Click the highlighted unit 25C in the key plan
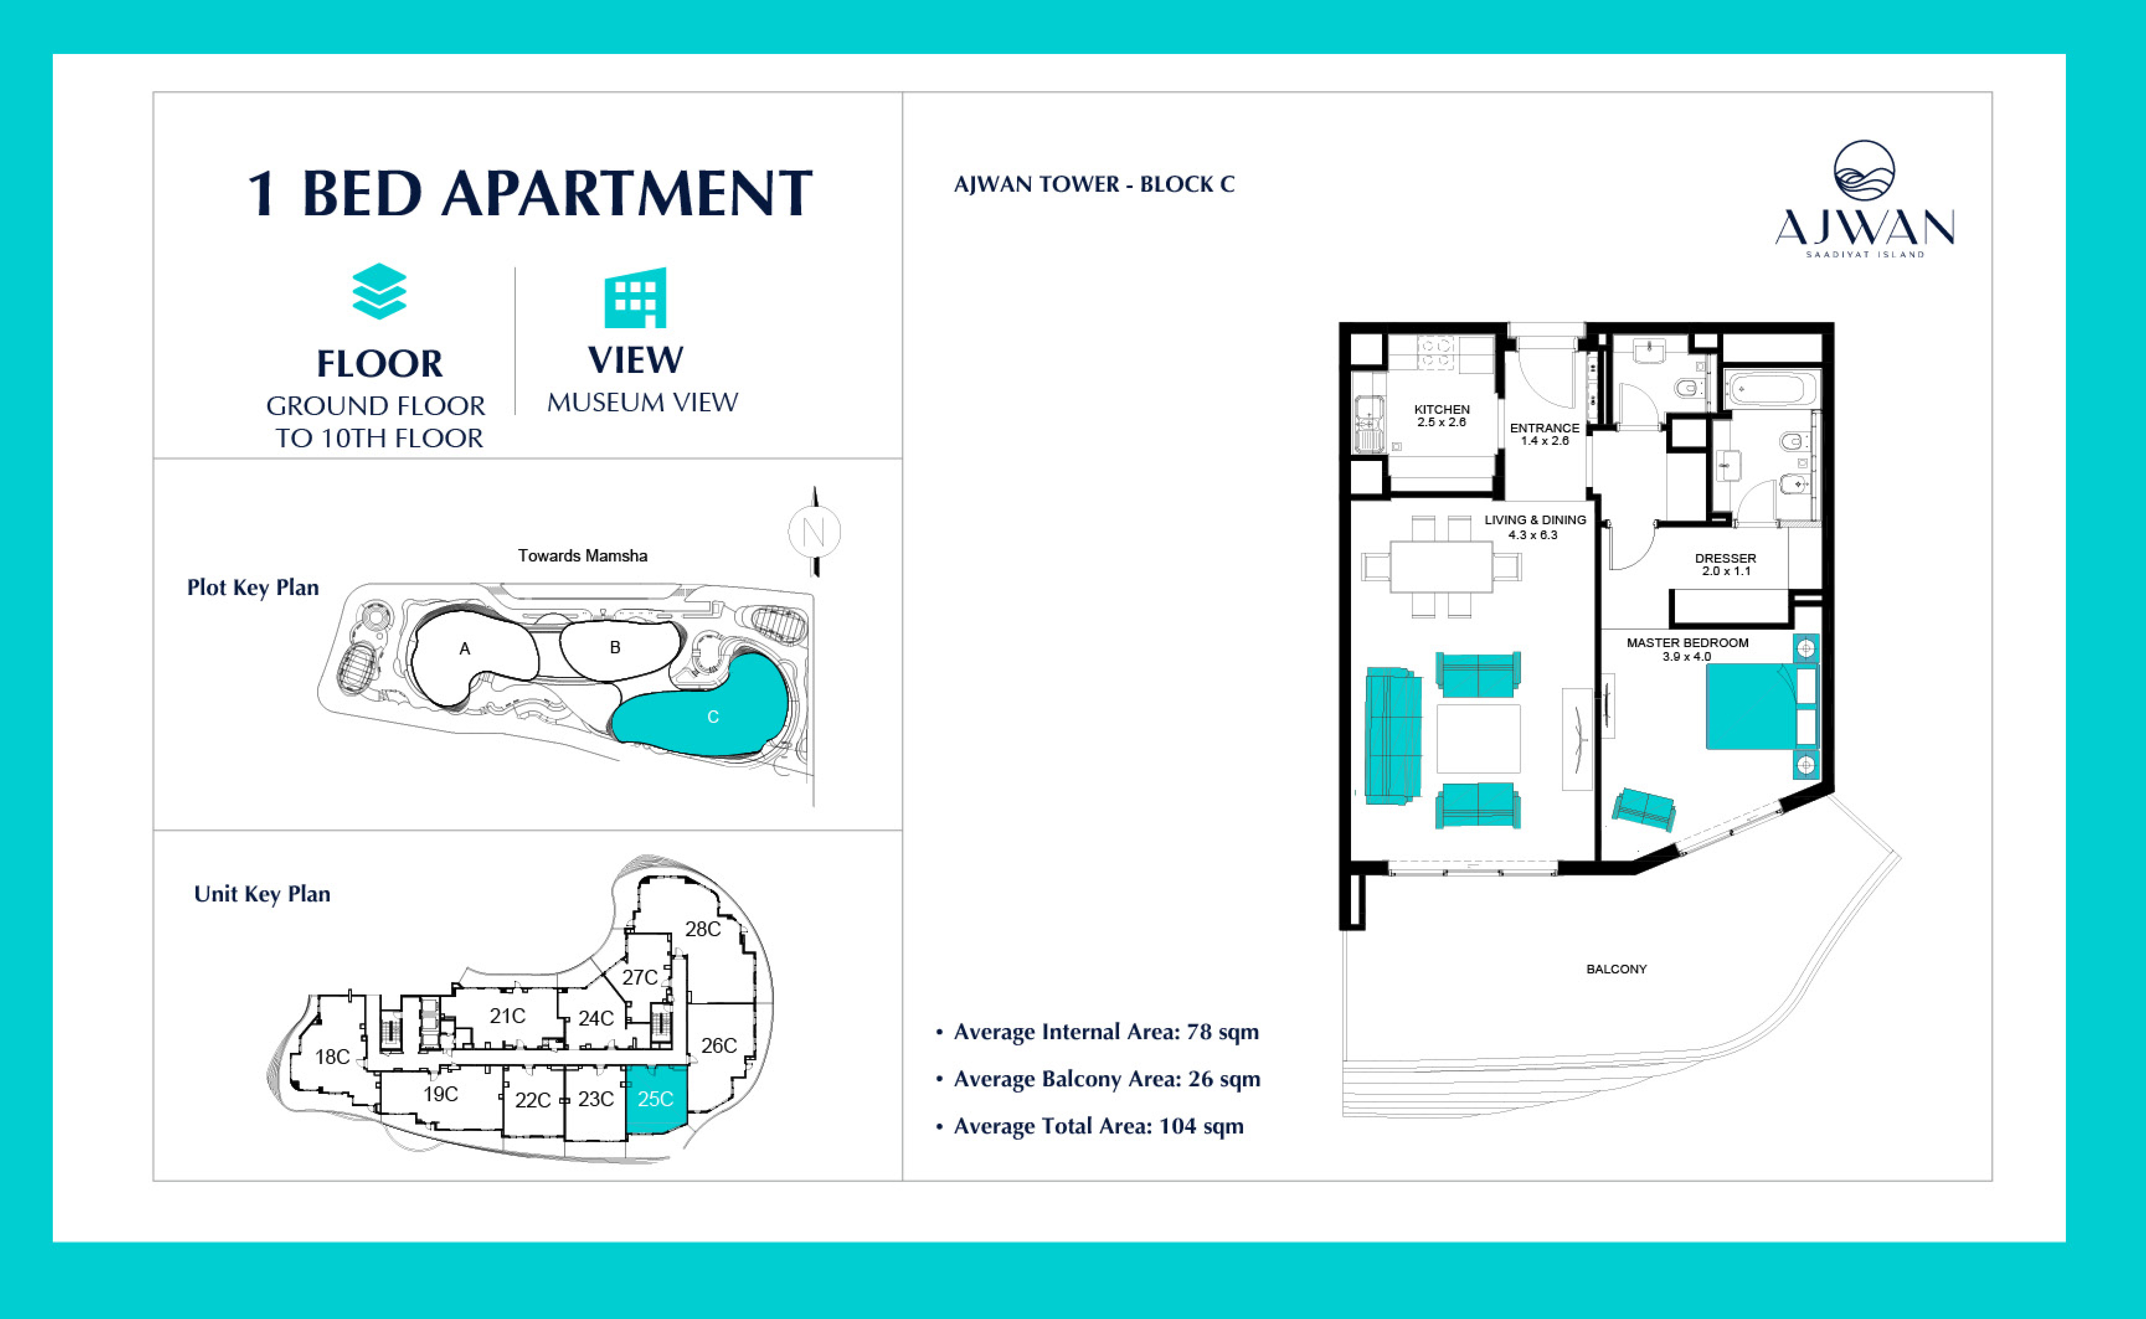(x=656, y=1099)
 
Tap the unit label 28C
(x=703, y=929)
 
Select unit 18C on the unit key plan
(x=332, y=1056)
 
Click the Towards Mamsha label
(x=583, y=556)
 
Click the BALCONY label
(x=1616, y=969)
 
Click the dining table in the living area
(x=1441, y=567)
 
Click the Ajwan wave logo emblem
(x=1864, y=171)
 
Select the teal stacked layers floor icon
(x=379, y=291)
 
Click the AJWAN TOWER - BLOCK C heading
(x=1094, y=184)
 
